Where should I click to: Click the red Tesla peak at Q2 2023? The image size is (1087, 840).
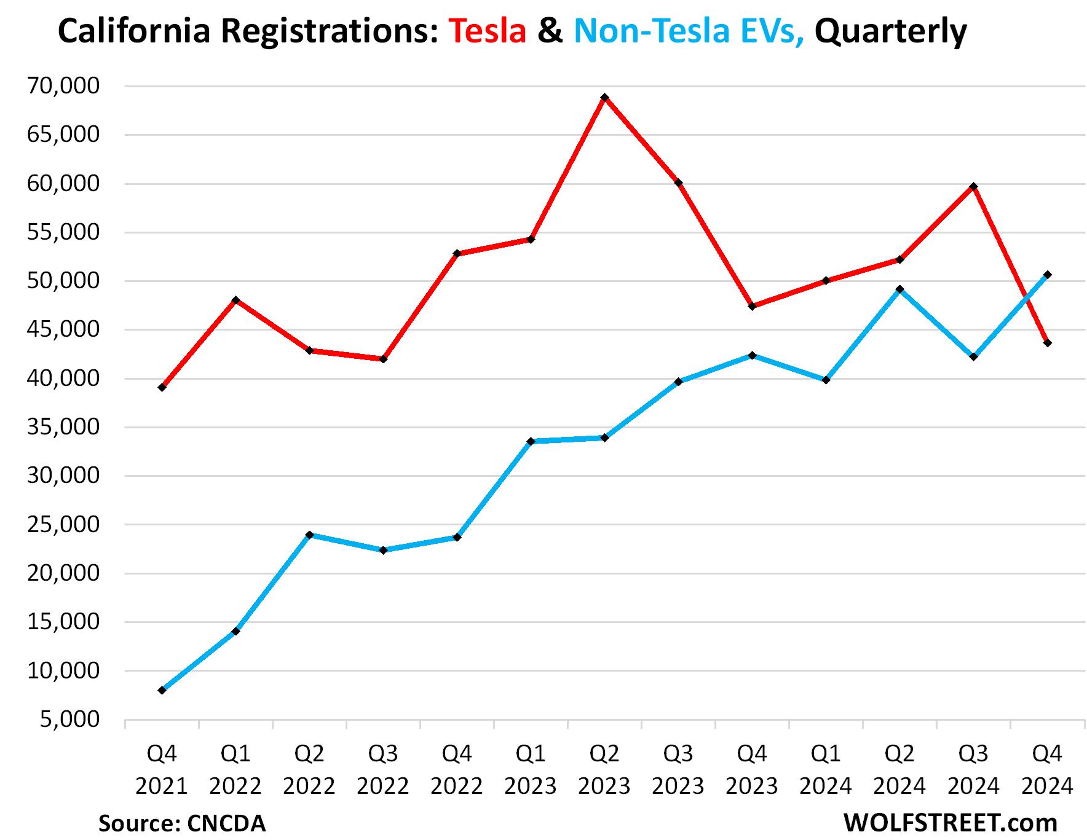tap(604, 98)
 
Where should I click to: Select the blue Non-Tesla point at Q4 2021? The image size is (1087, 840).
tap(162, 690)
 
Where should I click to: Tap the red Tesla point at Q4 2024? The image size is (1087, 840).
tap(1047, 343)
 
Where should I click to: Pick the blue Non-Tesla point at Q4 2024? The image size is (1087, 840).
tap(1047, 275)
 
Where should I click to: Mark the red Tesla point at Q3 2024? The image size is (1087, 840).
tap(973, 186)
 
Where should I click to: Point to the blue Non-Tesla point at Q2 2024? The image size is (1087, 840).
tap(899, 289)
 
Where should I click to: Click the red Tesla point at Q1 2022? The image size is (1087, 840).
tap(235, 300)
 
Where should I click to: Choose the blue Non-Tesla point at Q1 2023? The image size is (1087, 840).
tap(531, 441)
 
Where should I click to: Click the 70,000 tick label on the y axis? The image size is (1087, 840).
tap(63, 86)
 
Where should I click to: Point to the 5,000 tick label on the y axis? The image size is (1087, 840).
tap(70, 719)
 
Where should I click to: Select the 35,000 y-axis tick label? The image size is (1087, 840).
tap(63, 426)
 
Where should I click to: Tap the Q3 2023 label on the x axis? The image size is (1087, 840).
tap(678, 769)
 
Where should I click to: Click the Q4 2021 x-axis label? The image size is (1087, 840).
tap(162, 769)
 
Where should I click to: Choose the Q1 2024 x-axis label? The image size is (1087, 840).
tap(826, 769)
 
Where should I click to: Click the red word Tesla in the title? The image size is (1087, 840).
tap(487, 31)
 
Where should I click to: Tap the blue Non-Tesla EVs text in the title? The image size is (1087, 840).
tap(689, 31)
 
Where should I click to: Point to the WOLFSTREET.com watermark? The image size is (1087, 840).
tap(950, 823)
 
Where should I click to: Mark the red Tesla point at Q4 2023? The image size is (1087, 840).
tap(752, 306)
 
